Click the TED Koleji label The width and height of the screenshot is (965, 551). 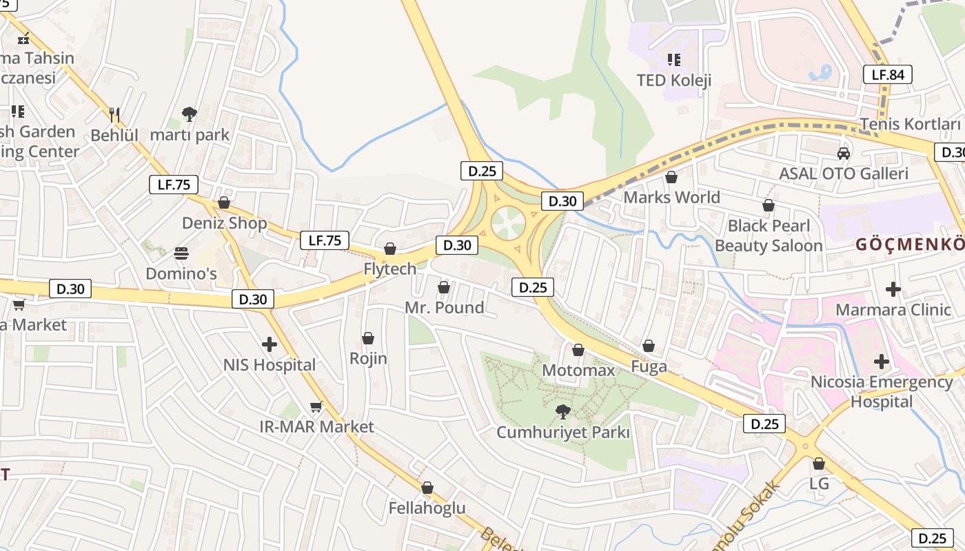click(x=673, y=80)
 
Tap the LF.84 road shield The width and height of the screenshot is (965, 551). click(x=888, y=74)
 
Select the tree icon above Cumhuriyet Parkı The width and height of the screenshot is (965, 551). click(x=563, y=412)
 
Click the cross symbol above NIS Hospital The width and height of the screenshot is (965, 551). click(x=270, y=344)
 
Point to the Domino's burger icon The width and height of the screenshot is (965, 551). click(x=181, y=253)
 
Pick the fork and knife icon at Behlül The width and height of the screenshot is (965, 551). click(x=114, y=114)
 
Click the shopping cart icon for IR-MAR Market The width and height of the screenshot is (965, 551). click(x=316, y=406)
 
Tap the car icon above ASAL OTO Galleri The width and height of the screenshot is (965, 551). click(x=843, y=153)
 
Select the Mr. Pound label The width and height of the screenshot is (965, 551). click(x=444, y=307)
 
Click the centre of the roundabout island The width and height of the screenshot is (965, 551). click(x=508, y=222)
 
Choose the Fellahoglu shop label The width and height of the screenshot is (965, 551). click(x=427, y=508)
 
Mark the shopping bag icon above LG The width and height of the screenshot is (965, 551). click(x=819, y=464)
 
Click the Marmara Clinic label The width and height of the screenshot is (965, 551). click(x=893, y=309)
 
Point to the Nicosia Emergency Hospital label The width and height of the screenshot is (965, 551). click(x=881, y=391)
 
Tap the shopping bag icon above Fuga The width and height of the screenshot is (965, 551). click(x=649, y=346)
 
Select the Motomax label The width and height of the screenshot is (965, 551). click(x=578, y=371)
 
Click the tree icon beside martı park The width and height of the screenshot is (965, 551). click(x=189, y=114)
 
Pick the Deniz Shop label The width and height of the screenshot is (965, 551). click(x=224, y=223)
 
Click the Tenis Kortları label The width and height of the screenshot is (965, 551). click(x=910, y=124)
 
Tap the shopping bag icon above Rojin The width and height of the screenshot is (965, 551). click(x=368, y=338)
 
